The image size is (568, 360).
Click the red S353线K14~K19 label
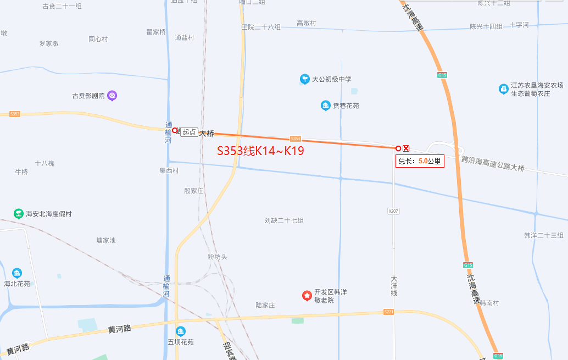[x=260, y=151]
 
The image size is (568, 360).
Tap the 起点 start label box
[x=190, y=132]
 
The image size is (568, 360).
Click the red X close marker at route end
[x=406, y=148]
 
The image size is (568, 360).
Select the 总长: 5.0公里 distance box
[x=420, y=161]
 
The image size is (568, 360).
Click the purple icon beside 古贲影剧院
[x=112, y=96]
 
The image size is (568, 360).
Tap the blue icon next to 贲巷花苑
[x=325, y=106]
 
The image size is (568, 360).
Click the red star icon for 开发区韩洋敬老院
[x=307, y=296]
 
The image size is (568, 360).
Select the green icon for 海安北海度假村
[x=19, y=213]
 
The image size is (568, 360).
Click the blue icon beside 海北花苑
[x=17, y=273]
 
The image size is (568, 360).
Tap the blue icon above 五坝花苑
[x=181, y=331]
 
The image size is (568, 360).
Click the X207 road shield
[x=393, y=211]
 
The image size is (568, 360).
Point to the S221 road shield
[x=389, y=312]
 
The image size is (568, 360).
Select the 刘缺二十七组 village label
[x=284, y=220]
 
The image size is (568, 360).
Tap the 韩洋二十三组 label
[x=544, y=235]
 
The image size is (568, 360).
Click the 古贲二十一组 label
[x=62, y=7]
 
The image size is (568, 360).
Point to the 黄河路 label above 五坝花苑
[x=120, y=329]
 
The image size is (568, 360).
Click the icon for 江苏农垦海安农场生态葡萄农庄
[x=503, y=89]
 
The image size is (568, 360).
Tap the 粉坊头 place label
[x=218, y=257]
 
